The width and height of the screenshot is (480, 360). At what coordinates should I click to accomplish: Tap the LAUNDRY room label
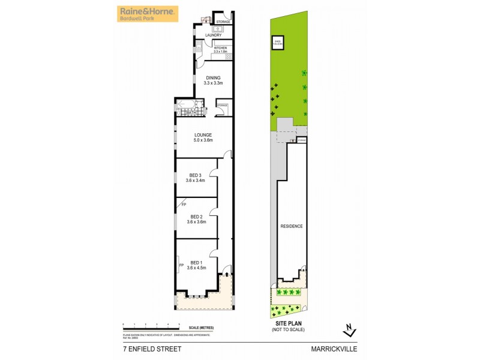click(x=214, y=35)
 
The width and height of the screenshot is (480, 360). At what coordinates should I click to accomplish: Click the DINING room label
click(x=213, y=77)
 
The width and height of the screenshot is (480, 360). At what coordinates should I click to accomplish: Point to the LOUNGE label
click(x=203, y=134)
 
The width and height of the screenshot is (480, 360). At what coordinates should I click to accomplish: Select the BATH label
click(x=191, y=113)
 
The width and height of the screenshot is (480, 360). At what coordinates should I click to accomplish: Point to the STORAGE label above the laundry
click(x=223, y=22)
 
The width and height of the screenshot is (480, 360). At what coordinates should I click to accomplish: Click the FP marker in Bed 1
click(x=181, y=265)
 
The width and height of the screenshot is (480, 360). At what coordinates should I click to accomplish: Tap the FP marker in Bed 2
click(x=184, y=205)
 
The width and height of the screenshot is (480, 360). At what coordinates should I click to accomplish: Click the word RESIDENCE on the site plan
click(x=292, y=226)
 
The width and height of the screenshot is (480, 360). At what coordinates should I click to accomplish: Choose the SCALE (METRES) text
click(x=201, y=328)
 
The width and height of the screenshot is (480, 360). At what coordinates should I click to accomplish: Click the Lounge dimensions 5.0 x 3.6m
click(x=203, y=140)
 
